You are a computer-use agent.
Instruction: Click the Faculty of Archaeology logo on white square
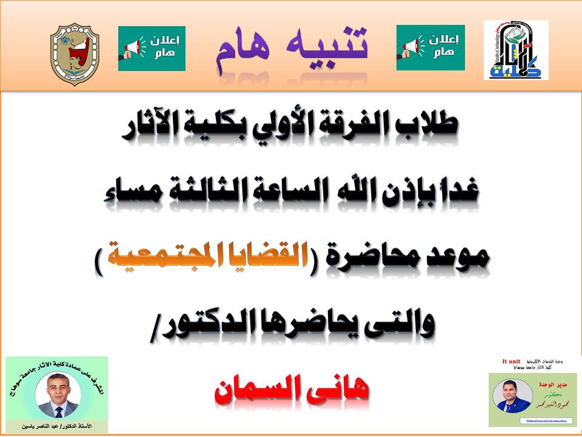515,50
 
